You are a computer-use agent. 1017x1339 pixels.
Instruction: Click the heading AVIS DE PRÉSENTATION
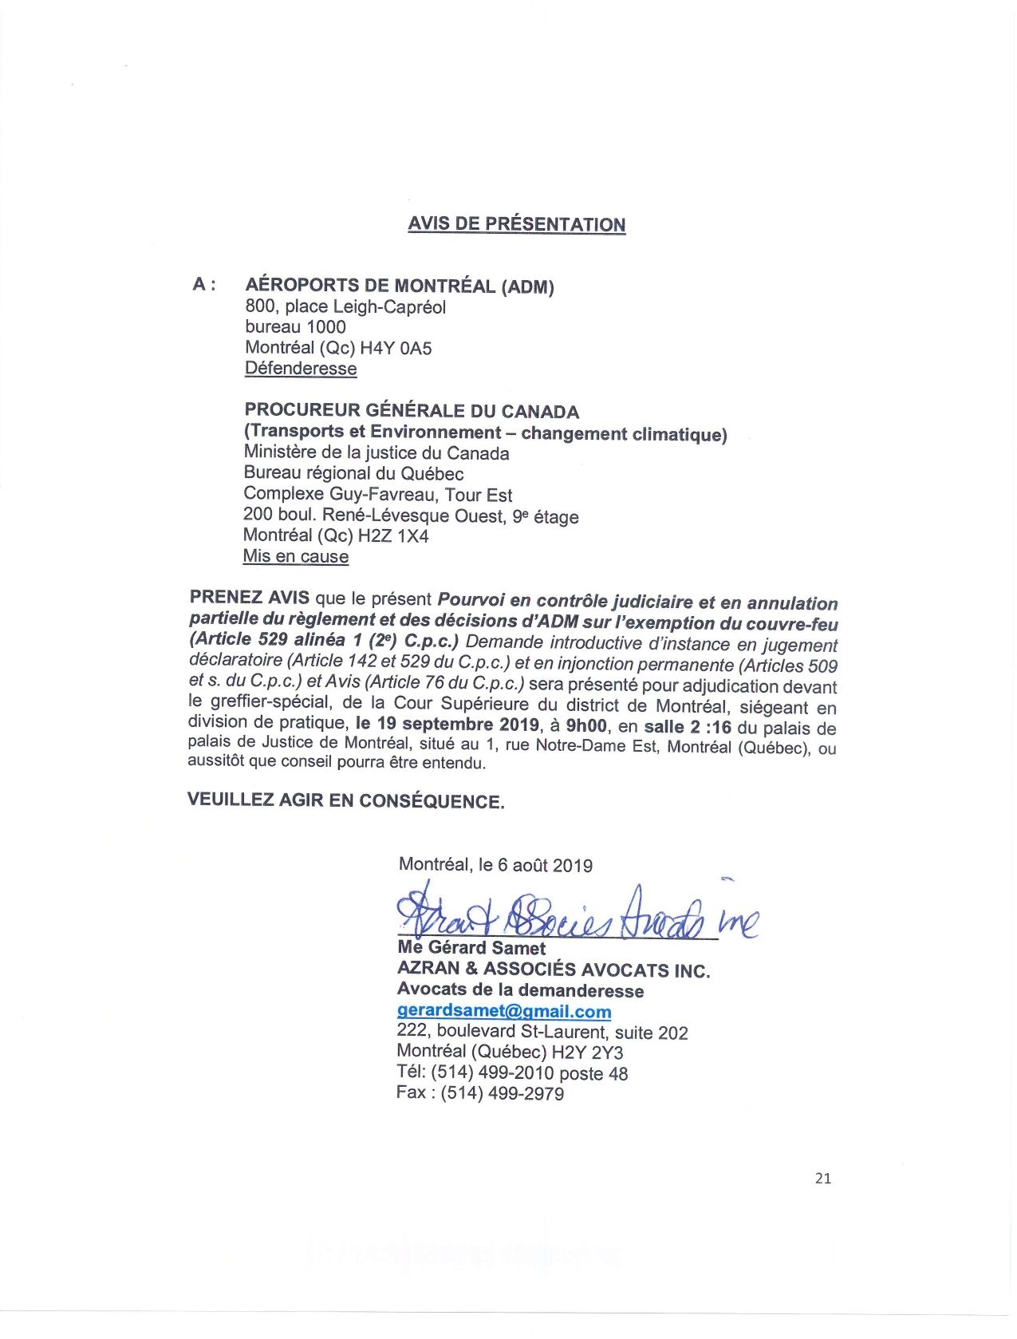click(516, 224)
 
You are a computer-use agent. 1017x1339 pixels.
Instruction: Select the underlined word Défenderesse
click(301, 369)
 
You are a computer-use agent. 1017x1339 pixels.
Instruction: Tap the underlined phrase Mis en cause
click(296, 556)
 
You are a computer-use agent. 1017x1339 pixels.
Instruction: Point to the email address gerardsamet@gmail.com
click(504, 1011)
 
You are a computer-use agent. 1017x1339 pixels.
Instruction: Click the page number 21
click(823, 1178)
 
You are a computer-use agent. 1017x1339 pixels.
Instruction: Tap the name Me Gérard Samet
click(471, 948)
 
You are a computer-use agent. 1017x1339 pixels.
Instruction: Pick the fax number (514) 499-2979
click(503, 1093)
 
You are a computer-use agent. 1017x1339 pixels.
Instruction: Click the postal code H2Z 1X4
click(393, 536)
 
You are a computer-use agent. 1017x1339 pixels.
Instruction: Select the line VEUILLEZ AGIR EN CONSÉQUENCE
click(345, 800)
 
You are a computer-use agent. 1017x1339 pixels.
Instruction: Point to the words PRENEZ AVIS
click(249, 598)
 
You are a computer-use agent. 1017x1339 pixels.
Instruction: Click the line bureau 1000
click(295, 327)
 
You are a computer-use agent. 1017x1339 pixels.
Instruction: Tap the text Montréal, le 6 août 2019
click(495, 865)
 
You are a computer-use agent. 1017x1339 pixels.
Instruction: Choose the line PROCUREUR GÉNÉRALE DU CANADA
click(412, 411)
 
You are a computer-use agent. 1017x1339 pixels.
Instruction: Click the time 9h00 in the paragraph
click(586, 726)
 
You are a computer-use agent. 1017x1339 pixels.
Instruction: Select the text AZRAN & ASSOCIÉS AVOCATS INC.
click(554, 970)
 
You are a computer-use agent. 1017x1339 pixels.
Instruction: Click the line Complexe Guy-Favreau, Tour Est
click(378, 495)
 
